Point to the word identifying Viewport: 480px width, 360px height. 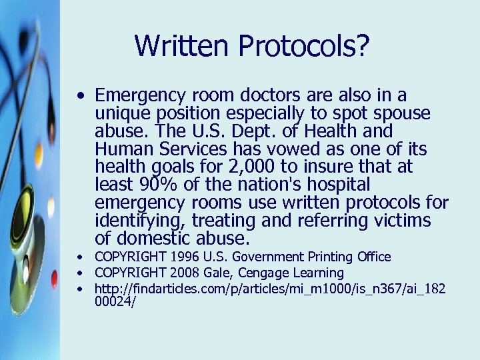[x=136, y=220]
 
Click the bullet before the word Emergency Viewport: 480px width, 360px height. [x=79, y=95]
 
